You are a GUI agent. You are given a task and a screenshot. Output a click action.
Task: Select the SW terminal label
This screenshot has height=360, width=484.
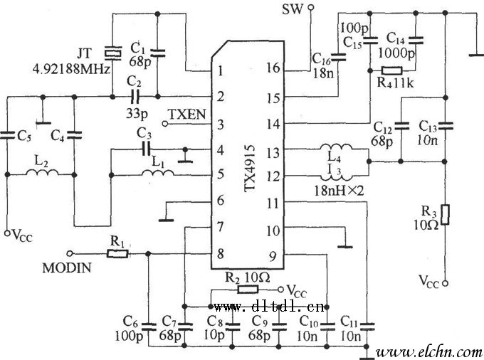point(293,9)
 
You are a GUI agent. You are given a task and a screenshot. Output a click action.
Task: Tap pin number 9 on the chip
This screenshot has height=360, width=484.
point(273,254)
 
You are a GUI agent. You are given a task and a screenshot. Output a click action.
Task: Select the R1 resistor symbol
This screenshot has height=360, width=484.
point(117,253)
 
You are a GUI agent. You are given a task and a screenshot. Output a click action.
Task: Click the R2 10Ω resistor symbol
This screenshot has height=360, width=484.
point(248,290)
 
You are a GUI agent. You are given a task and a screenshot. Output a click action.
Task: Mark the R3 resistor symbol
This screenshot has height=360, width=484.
point(445,214)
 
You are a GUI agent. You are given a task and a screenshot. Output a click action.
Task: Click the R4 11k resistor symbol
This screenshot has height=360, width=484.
point(391,70)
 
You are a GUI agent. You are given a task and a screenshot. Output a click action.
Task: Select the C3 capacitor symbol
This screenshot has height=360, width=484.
point(145,149)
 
